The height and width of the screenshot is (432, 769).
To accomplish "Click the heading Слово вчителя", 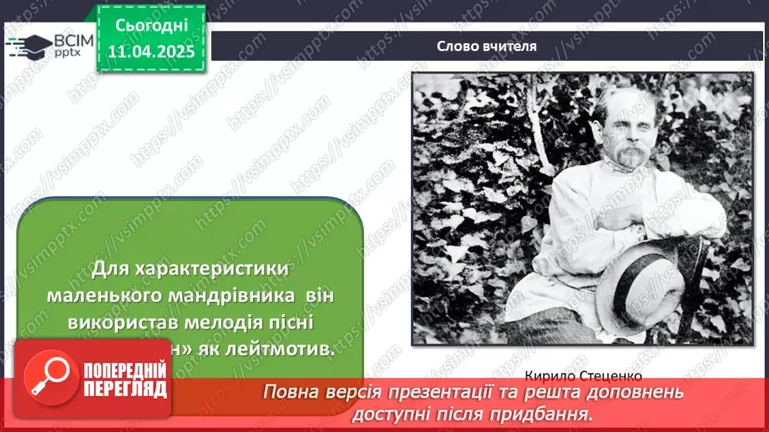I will click(486, 47).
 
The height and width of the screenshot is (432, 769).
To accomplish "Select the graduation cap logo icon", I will click(28, 45).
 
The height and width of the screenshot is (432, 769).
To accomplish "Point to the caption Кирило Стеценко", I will click(583, 375).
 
